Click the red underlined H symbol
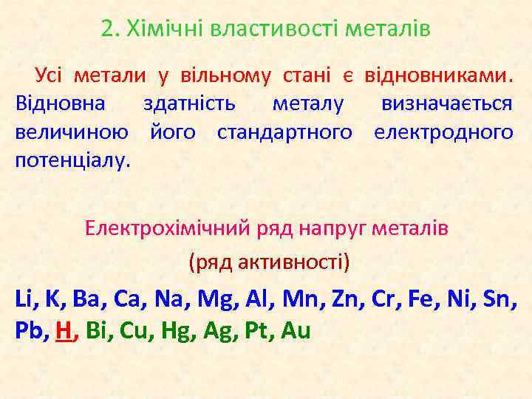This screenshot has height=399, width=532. coord(64,332)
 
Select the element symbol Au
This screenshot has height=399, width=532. coord(296,332)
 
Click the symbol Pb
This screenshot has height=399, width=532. coord(30,332)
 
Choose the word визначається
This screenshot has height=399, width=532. coord(446,103)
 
